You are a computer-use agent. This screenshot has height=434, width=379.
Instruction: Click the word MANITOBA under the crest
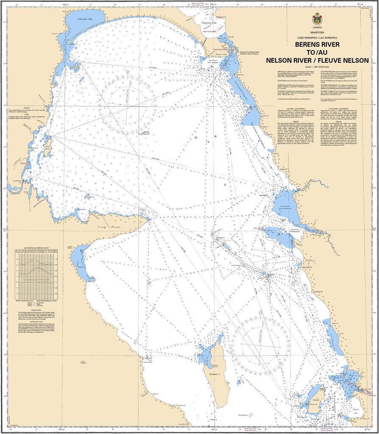pyautogui.click(x=317, y=33)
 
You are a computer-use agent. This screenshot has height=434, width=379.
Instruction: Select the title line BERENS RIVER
pyautogui.click(x=317, y=44)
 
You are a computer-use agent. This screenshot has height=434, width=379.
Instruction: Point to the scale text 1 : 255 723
pyautogui.click(x=317, y=67)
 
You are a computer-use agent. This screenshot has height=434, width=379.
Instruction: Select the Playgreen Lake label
pyautogui.click(x=209, y=23)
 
